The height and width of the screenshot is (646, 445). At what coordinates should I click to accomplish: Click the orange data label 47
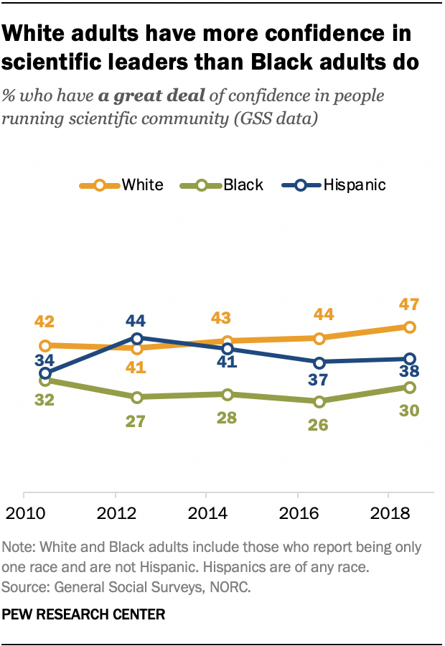point(409,304)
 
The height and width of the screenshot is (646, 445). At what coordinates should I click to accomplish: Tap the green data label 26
point(318,424)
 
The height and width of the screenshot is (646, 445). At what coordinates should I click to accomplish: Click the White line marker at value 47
point(409,327)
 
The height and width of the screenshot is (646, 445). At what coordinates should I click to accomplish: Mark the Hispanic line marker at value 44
point(136,338)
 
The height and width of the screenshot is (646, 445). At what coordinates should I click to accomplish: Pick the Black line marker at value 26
point(318,402)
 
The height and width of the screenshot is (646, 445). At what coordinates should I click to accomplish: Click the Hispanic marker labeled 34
point(45,373)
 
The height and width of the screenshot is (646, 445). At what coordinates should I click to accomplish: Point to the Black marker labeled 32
point(45,380)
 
